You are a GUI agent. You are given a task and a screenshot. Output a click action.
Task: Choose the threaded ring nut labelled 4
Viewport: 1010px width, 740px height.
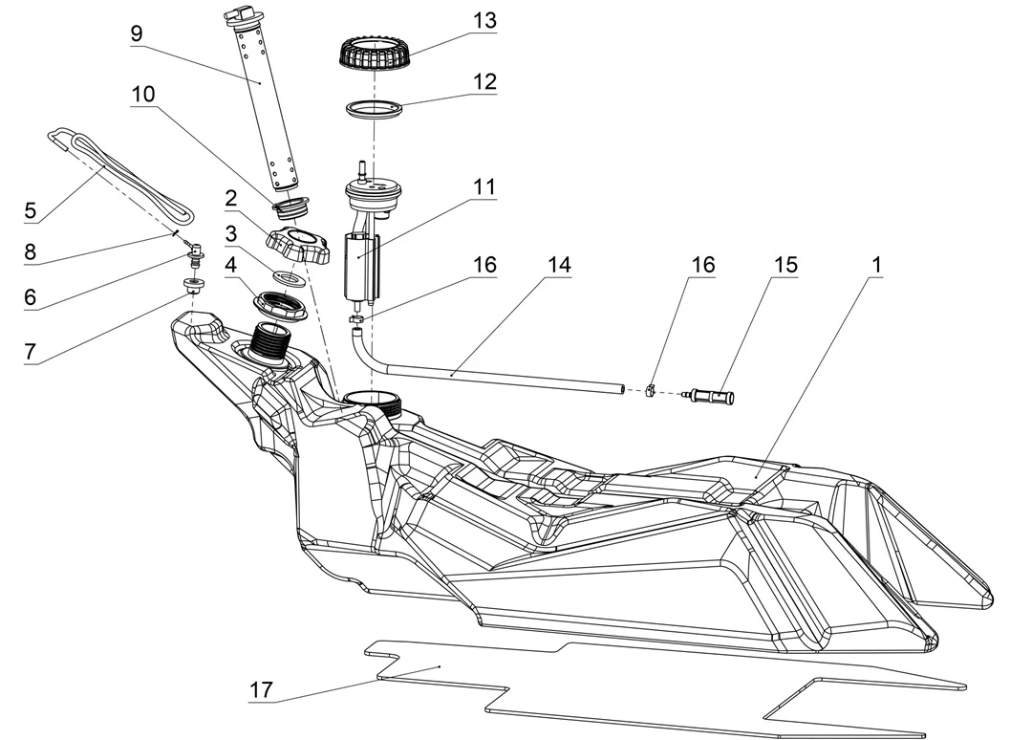click(x=279, y=307)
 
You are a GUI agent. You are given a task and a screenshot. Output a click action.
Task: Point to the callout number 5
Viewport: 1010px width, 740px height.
click(x=29, y=208)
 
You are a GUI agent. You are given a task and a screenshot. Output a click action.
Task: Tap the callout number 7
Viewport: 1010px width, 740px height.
click(x=29, y=351)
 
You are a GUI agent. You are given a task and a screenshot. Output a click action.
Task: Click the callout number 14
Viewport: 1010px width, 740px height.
click(x=559, y=265)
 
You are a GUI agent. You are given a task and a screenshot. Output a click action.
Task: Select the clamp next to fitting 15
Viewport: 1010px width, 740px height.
click(x=650, y=389)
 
